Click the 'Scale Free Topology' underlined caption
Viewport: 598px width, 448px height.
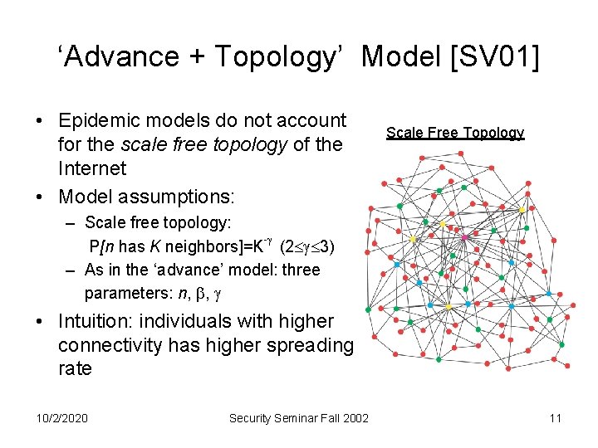coord(455,133)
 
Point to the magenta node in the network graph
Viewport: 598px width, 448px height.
coord(464,239)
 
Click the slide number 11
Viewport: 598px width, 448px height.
coord(556,417)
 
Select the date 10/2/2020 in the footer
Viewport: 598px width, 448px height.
coord(60,417)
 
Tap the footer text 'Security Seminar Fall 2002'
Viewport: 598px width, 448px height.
coord(298,417)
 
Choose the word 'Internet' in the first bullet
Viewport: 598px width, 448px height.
coord(91,168)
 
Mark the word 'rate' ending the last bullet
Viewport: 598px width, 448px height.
coord(75,368)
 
